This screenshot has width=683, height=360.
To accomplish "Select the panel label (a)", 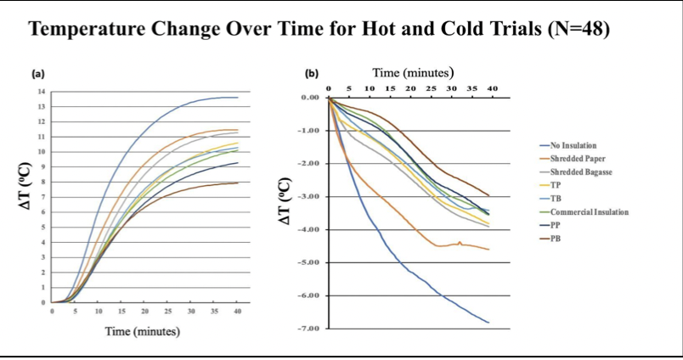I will tap(39, 75).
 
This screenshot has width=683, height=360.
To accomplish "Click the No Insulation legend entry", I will tap(579, 145).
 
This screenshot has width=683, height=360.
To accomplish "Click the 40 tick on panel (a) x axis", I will tap(237, 312).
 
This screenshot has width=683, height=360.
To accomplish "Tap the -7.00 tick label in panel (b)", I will tap(308, 328).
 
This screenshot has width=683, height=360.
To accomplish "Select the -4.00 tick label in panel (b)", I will tap(308, 229).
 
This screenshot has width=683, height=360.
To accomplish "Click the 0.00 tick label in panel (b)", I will tap(309, 98).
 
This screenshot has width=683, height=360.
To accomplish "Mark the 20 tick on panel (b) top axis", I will tap(409, 88).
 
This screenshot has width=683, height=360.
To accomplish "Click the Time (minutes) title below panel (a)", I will tap(143, 331).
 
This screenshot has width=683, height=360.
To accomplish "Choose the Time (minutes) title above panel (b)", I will tap(414, 72).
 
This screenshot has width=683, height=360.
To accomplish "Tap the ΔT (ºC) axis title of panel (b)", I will tap(286, 202).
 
